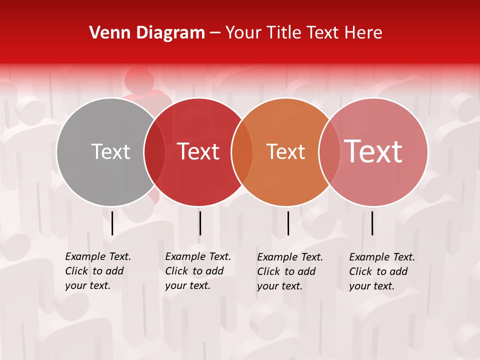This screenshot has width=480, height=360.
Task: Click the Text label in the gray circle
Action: coord(110,152)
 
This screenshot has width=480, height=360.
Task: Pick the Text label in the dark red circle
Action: coord(198,152)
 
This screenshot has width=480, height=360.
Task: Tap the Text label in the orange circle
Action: coord(285,152)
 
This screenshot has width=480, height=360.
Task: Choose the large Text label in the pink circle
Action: coord(373,152)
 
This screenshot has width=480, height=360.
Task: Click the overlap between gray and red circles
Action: coord(154,152)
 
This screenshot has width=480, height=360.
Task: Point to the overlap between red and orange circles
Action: coord(242,152)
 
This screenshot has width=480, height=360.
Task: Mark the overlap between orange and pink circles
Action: coord(329,152)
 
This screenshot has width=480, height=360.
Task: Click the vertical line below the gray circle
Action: coord(112,223)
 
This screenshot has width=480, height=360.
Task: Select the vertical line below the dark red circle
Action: coord(200,223)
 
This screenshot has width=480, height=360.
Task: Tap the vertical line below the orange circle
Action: coord(288,223)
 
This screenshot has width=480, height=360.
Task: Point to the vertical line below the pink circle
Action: coord(372,223)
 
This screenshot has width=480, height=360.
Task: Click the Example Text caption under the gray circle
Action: coord(97,271)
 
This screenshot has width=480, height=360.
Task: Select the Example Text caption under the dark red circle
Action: coord(197,271)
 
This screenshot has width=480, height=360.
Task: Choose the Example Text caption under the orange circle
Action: coord(289,271)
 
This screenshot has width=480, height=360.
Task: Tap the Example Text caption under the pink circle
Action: coord(381,271)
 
